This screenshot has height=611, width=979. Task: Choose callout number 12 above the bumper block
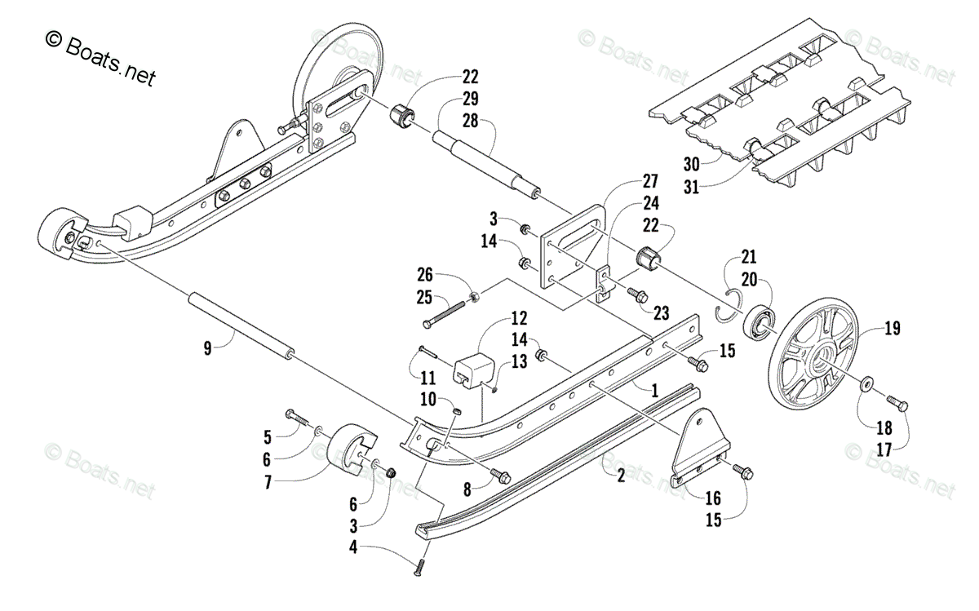tap(518, 317)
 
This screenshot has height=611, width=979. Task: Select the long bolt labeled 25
tap(450, 315)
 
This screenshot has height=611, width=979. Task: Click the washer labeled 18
tap(866, 382)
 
